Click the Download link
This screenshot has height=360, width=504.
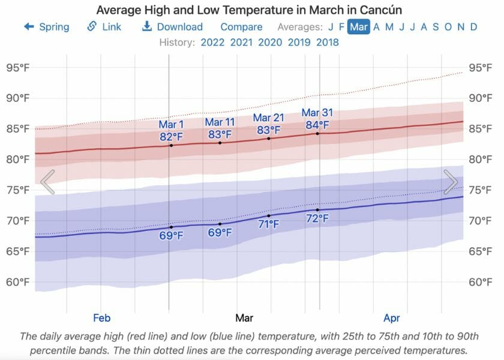coord(173,27)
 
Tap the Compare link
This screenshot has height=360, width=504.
coord(241,27)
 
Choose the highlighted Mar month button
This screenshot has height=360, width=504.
coord(359,27)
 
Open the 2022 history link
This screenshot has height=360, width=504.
coord(213,43)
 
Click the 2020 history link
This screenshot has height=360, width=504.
coord(270,43)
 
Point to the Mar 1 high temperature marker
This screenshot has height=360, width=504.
coord(171,145)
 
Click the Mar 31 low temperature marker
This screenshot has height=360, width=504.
coord(318,209)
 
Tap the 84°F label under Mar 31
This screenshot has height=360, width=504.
coord(317,125)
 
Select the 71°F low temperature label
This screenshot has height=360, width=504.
coord(268,224)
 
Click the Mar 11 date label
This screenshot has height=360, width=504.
coord(220,122)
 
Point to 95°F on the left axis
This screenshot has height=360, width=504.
coord(17,68)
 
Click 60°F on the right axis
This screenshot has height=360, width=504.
coord(481,282)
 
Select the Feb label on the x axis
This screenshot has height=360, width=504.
coord(102,318)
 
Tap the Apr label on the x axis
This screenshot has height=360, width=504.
coord(391,318)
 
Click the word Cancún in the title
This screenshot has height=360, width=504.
coord(381,11)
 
